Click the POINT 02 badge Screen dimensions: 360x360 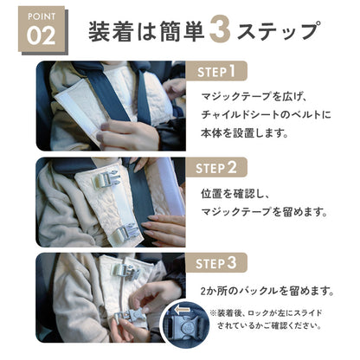pyautogui.click(x=42, y=29)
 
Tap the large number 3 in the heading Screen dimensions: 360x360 pyautogui.click(x=220, y=30)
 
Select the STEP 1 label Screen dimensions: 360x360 pyautogui.click(x=216, y=71)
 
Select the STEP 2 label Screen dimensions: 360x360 pyautogui.click(x=216, y=167)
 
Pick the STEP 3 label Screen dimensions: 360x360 pyautogui.click(x=216, y=263)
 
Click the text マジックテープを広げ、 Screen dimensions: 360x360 pyautogui.click(x=254, y=97)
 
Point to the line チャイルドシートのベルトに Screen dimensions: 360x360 pyautogui.click(x=266, y=114)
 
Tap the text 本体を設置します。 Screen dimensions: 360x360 pyautogui.click(x=245, y=133)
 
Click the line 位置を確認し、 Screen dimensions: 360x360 pyautogui.click(x=235, y=194)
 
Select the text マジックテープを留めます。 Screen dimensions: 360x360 pyautogui.click(x=265, y=212)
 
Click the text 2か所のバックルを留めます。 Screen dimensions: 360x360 pyautogui.click(x=267, y=291)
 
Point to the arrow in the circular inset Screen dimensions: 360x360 pyautogui.click(x=182, y=310)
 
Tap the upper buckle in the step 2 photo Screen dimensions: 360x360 pyautogui.click(x=106, y=179)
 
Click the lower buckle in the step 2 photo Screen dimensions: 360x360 pyautogui.click(x=128, y=232)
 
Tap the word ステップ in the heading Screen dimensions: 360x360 pyautogui.click(x=279, y=31)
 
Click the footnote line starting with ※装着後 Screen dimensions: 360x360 pyautogui.click(x=266, y=313)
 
